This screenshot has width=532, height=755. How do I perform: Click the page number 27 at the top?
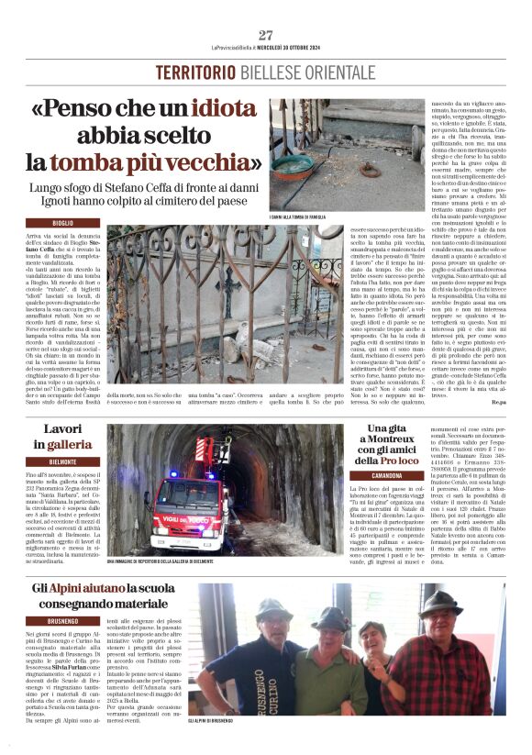point(265,36)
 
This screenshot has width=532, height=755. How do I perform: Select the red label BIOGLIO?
point(63,223)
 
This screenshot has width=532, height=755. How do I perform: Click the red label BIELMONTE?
point(63,461)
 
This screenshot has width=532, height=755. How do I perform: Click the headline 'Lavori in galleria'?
point(62,437)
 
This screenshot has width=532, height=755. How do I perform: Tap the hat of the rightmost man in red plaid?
point(443,601)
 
